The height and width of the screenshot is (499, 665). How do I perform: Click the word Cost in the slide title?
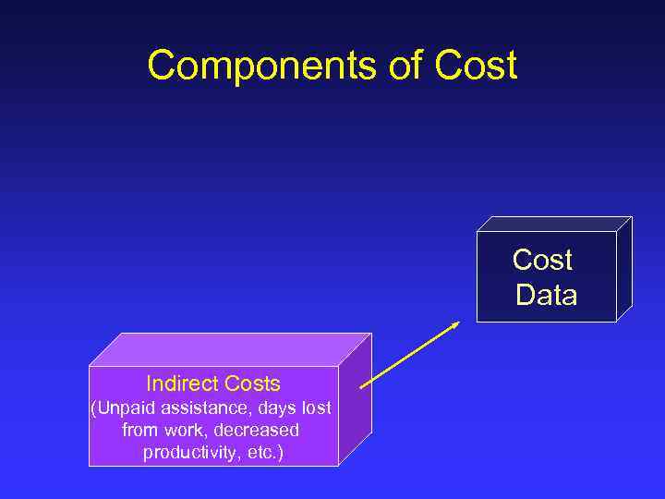474,66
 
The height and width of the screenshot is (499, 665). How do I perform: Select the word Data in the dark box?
546,296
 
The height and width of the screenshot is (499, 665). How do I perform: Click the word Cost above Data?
543,261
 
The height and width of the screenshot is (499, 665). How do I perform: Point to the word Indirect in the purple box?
182,383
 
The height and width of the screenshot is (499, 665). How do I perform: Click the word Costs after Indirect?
251,383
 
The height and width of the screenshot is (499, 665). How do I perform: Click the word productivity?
192,453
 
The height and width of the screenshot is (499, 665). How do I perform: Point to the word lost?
315,408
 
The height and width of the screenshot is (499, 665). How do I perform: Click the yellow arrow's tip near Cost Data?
458,323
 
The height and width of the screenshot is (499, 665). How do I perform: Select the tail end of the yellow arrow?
362,386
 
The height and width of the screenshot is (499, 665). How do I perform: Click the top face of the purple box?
231,349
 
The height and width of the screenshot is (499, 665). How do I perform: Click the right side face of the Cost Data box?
623,270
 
